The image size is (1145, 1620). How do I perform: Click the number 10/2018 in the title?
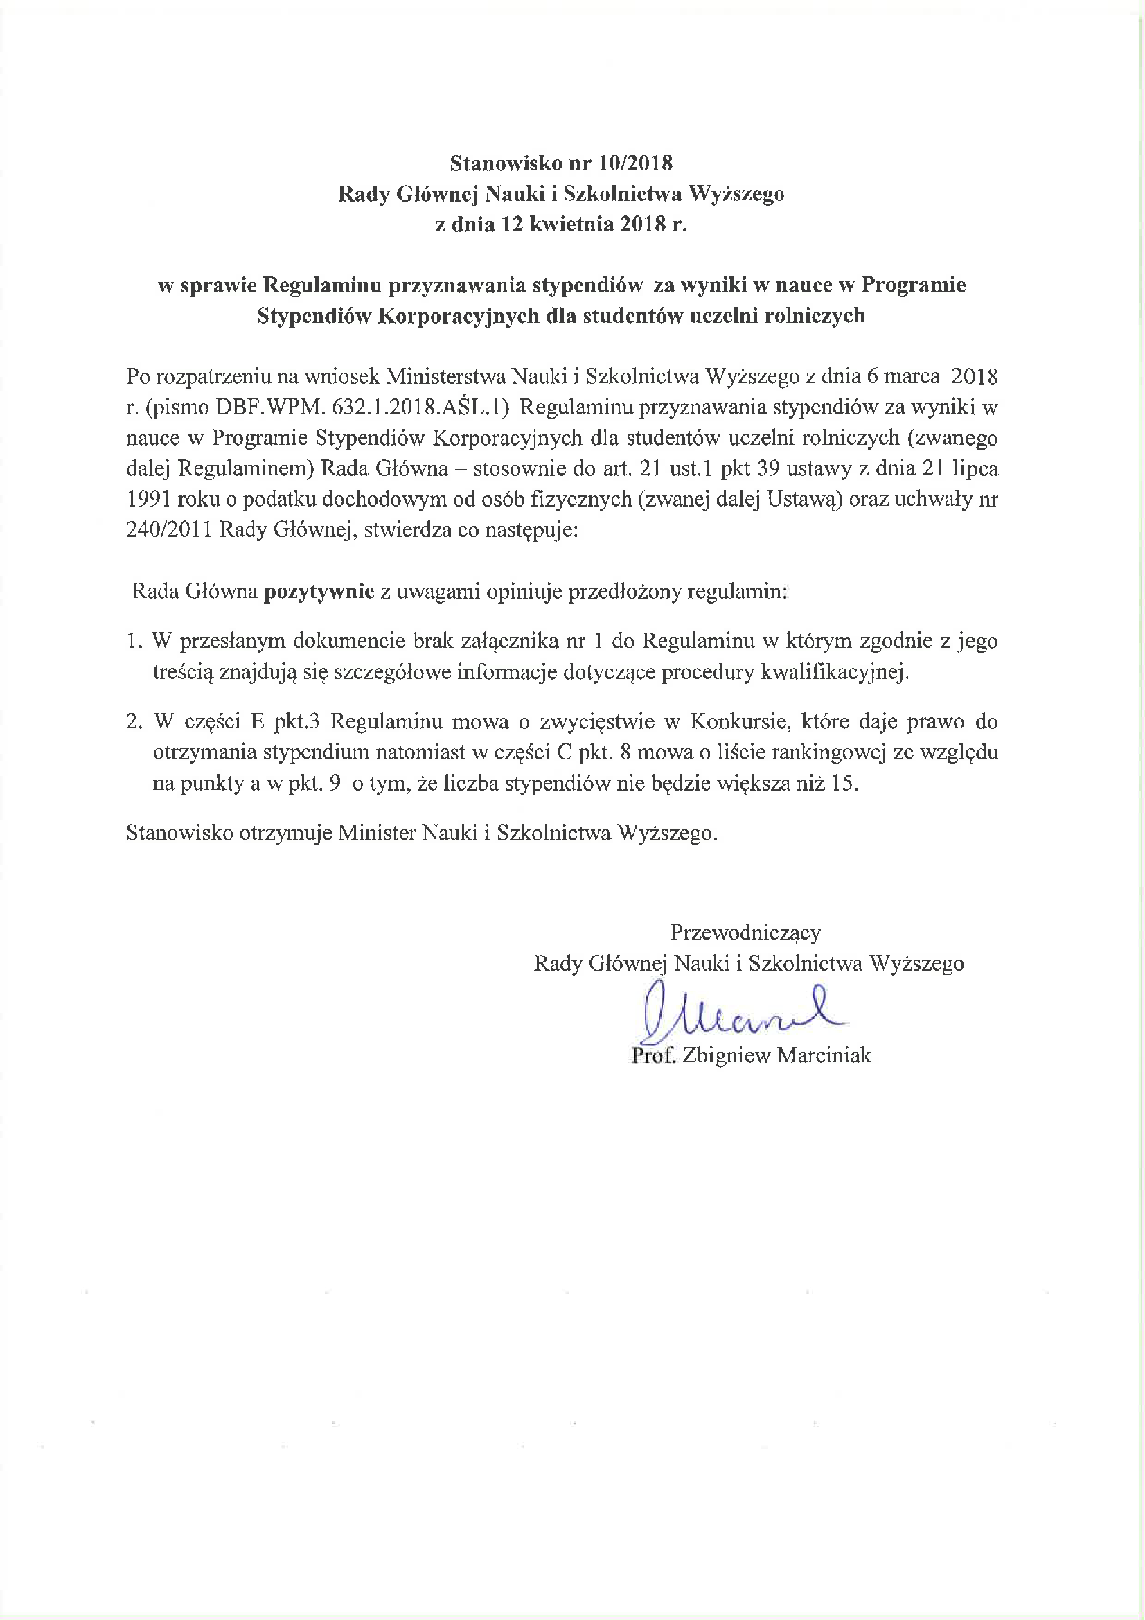tap(635, 164)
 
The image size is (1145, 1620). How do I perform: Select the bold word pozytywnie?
tap(319, 591)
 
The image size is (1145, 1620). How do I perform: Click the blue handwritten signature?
tap(734, 1016)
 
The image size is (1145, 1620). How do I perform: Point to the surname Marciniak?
tap(825, 1055)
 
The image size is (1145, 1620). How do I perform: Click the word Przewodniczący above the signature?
tap(745, 933)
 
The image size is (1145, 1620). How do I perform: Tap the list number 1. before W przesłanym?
tap(135, 642)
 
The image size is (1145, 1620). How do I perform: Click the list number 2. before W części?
tap(135, 722)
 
